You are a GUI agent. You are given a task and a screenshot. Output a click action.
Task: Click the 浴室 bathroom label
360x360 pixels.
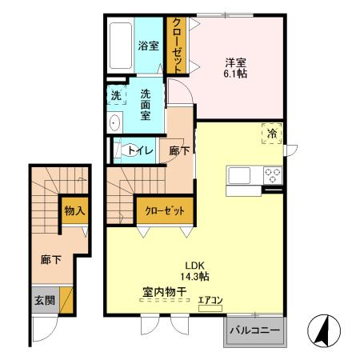(147, 46)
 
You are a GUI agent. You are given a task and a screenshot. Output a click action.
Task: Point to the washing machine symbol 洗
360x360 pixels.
(116, 96)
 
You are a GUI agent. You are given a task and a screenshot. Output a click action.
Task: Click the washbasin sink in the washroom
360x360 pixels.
(114, 123)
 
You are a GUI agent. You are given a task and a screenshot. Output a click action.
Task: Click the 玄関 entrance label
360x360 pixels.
(44, 301)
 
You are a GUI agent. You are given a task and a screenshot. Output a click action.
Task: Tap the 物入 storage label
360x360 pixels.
(75, 211)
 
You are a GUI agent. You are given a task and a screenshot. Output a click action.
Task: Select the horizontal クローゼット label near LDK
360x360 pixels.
(164, 211)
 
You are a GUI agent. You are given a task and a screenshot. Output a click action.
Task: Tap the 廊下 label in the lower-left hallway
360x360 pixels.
(50, 259)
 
